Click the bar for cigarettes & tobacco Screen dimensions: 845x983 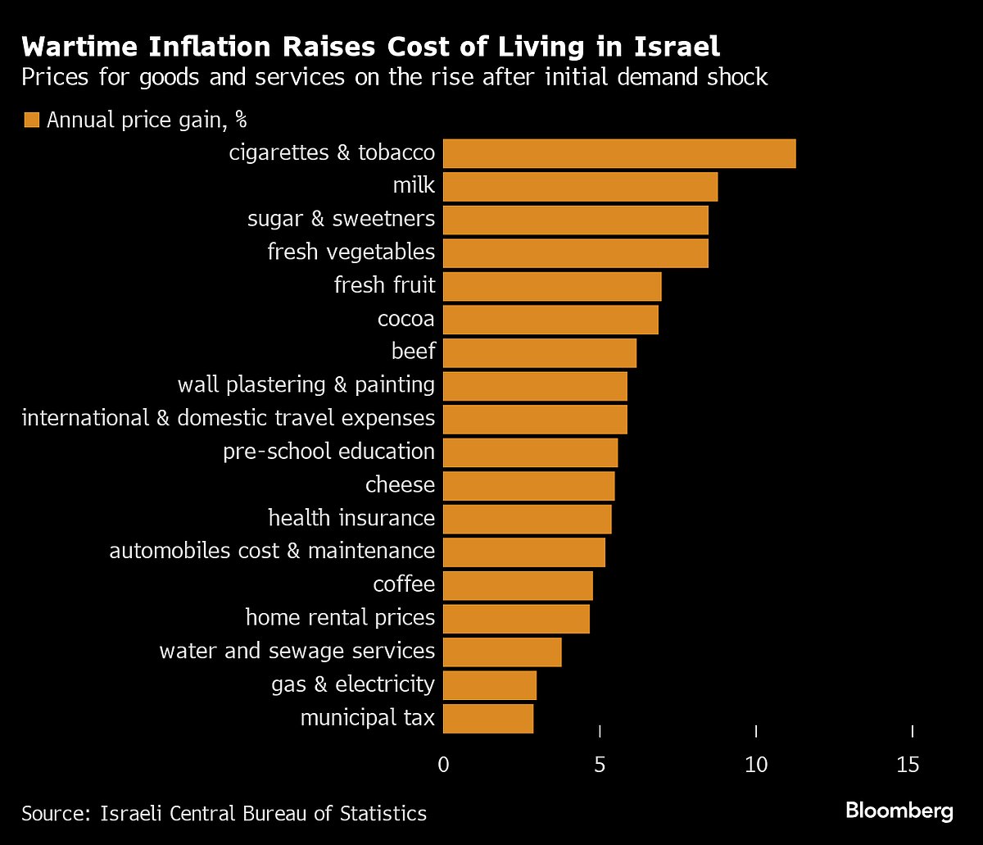pyautogui.click(x=619, y=154)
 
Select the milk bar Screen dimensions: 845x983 pyautogui.click(x=580, y=187)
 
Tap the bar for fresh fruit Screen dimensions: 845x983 pyautogui.click(x=552, y=286)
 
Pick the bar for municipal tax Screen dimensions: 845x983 pyautogui.click(x=488, y=719)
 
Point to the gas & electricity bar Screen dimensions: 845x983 pyautogui.click(x=490, y=685)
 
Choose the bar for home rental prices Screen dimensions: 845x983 pyautogui.click(x=516, y=618)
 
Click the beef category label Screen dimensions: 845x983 pyautogui.click(x=414, y=352)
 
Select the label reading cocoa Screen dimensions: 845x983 pyautogui.click(x=406, y=319)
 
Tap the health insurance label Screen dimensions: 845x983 pyautogui.click(x=351, y=518)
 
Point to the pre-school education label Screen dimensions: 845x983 pyautogui.click(x=328, y=452)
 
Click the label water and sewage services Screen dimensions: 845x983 pyautogui.click(x=297, y=652)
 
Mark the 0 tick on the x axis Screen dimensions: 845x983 pyautogui.click(x=444, y=765)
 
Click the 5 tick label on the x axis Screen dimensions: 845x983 pyautogui.click(x=600, y=765)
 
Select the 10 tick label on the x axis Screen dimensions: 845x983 pyautogui.click(x=756, y=765)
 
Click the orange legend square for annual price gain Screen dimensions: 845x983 pyautogui.click(x=32, y=120)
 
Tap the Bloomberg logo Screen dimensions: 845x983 pyautogui.click(x=899, y=811)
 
